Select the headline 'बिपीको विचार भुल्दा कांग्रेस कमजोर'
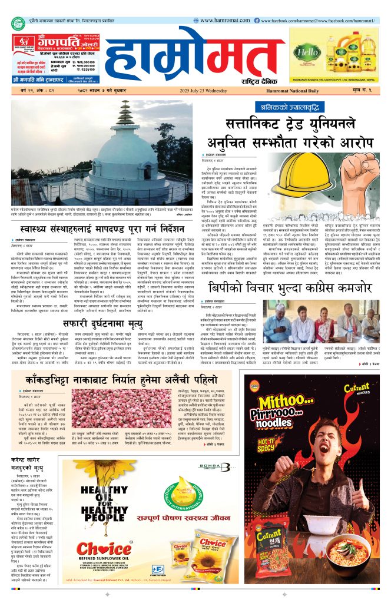288,287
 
